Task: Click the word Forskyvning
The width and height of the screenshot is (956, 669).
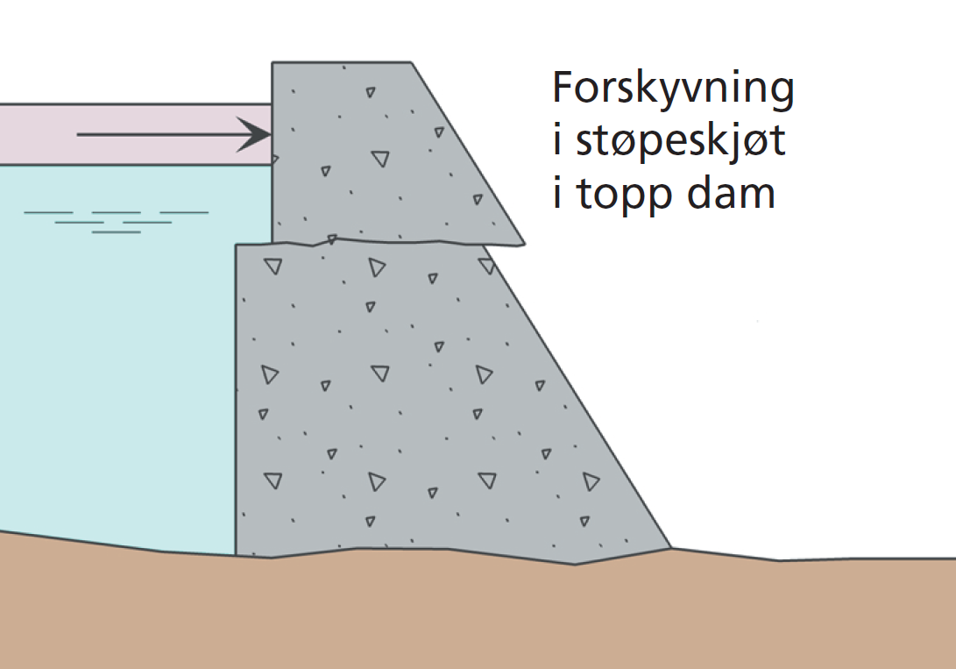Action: coord(672,91)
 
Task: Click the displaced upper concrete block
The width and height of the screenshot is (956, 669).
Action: coord(368,158)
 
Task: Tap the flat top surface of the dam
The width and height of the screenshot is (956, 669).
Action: coord(342,63)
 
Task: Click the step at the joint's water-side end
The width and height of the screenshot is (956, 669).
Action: coord(254,244)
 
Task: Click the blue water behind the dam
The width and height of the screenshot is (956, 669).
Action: coord(114,368)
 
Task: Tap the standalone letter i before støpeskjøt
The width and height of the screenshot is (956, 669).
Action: coord(557,141)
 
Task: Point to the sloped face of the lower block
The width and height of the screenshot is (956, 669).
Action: coord(578,395)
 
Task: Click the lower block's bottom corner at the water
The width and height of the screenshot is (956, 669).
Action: coord(237,554)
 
